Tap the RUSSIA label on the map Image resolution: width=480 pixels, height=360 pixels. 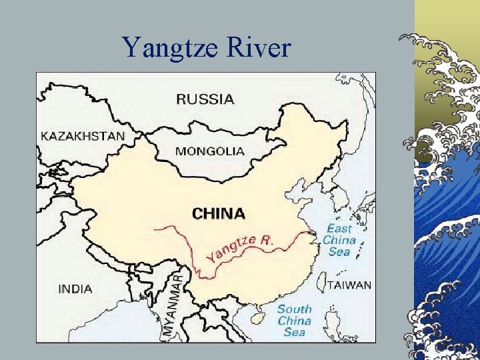[x=205, y=99]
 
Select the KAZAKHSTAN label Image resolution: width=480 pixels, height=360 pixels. [x=83, y=136]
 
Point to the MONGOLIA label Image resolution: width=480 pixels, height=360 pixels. [x=209, y=151]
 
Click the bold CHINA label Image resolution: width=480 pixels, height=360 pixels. [x=218, y=214]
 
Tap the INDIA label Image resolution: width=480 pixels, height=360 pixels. [x=75, y=289]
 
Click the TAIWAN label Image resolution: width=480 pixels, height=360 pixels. [x=349, y=285]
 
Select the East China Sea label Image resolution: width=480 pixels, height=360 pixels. [x=339, y=240]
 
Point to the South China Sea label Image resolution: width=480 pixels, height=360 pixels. [x=294, y=320]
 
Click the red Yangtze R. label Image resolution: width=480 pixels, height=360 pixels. [x=239, y=248]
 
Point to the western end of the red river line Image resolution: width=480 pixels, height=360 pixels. [x=154, y=228]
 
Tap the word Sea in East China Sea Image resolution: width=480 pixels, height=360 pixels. [x=339, y=252]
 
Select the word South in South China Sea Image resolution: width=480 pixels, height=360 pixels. [x=295, y=309]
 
